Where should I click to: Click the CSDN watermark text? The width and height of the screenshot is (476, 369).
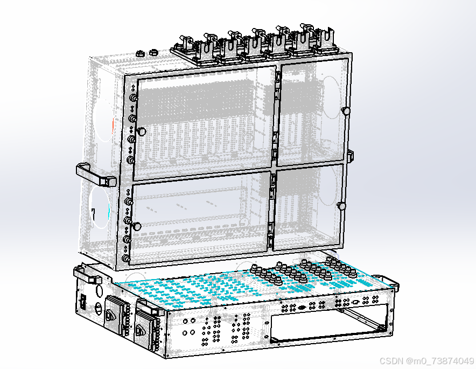(x=426, y=361)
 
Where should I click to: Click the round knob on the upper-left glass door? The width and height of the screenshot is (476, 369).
(x=141, y=132)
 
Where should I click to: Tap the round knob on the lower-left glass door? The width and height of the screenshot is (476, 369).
(x=137, y=226)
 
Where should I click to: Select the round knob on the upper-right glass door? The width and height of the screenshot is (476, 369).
(x=346, y=111)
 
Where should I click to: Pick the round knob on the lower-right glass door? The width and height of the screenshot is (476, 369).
(x=342, y=206)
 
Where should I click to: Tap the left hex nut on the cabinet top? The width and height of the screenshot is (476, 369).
(x=139, y=54)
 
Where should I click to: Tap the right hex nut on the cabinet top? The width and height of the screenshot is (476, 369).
(x=153, y=52)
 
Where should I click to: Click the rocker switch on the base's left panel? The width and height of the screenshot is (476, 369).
(x=82, y=301)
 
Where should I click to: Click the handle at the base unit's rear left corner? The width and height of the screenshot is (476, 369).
(x=87, y=274)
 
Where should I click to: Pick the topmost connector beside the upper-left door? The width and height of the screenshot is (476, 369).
(x=133, y=98)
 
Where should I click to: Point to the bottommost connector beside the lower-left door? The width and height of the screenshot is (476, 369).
(x=126, y=259)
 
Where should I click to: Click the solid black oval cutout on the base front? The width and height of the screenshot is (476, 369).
(x=302, y=308)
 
